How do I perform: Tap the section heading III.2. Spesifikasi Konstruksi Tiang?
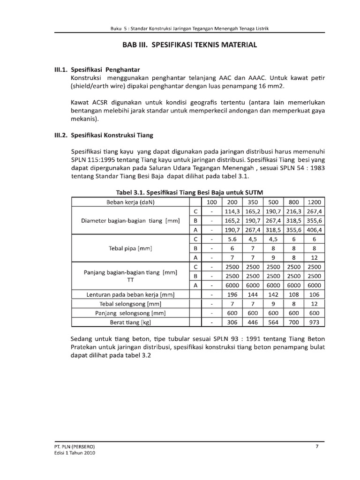105,135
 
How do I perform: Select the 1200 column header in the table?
315,202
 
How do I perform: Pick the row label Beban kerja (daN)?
130,202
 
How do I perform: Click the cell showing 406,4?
315,230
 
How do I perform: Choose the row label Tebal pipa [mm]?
130,248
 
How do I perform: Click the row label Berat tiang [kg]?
130,322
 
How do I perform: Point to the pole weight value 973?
315,322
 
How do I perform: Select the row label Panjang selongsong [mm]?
130,313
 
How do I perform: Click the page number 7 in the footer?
317,446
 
